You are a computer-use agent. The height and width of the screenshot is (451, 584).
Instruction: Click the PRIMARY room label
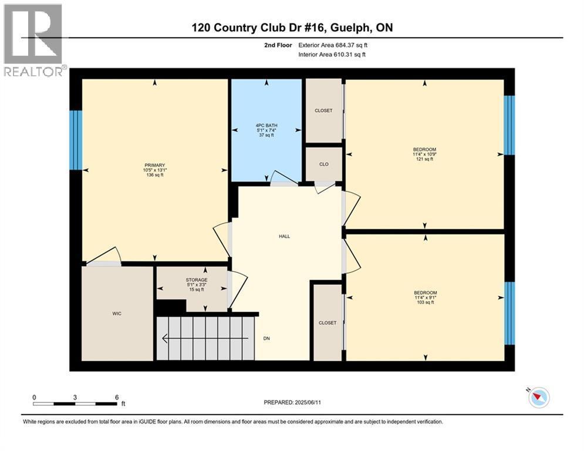[154, 165]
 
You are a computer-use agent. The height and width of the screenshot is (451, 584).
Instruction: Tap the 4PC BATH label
[266, 126]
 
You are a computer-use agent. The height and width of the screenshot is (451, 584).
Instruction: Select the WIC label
[117, 314]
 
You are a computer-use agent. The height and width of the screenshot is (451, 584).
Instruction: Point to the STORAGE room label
[197, 280]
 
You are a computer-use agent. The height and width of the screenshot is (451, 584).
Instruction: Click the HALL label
[285, 236]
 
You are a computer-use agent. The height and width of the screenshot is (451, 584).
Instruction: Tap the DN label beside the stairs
[266, 338]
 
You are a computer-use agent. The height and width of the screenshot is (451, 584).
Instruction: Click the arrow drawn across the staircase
[205, 338]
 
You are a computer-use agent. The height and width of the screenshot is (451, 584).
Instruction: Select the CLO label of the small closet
[324, 164]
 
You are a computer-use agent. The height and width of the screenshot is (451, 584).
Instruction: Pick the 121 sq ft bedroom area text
[424, 159]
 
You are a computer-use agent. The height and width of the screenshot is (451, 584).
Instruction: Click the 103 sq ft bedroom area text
[426, 302]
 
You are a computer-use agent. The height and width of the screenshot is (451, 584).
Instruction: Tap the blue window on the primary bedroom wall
[76, 140]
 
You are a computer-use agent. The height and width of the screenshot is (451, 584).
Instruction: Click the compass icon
[539, 397]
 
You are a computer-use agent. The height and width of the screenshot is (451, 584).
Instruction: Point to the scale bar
[75, 403]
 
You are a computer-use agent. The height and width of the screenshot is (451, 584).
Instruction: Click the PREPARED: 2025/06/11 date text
[292, 402]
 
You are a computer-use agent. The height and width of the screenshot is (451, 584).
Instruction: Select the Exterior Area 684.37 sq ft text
[333, 45]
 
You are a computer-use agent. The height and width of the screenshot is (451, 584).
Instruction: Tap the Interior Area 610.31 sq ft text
[332, 55]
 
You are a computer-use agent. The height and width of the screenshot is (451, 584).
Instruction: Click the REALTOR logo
[35, 41]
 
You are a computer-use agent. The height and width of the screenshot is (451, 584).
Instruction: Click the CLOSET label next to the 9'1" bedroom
[328, 323]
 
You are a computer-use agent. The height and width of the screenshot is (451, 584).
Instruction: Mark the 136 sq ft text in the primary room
[155, 175]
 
